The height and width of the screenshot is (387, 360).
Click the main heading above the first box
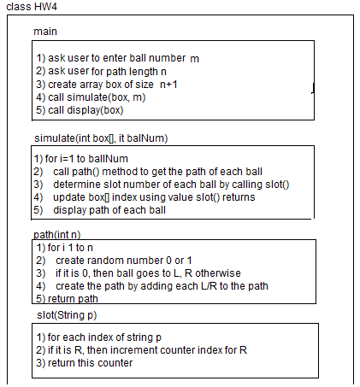45,32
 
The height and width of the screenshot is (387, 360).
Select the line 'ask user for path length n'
102,71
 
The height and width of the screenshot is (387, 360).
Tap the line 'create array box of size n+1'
108,84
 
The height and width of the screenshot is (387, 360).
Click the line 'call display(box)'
80,109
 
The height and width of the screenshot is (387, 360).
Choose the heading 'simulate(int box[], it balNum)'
105,138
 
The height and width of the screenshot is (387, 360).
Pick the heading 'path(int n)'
56,234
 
